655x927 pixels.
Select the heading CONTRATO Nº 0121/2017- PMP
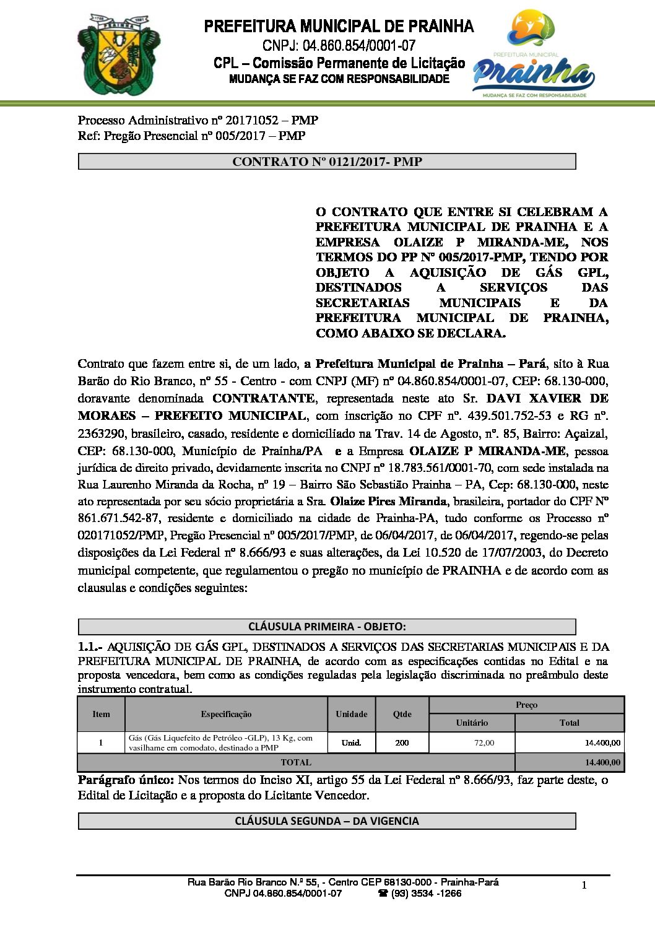327,162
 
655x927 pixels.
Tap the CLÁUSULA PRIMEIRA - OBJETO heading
327,626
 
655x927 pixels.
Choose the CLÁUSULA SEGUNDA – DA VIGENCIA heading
327,820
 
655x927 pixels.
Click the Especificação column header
226,714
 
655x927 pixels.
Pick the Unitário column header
472,723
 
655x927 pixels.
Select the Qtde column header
402,714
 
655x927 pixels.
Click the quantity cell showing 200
402,742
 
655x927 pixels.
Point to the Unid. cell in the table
351,742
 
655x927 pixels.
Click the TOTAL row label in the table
296,762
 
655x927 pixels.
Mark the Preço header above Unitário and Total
526,705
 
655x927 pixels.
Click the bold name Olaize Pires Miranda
388,501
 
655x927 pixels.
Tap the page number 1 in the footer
584,886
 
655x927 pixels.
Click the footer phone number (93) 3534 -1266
425,894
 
